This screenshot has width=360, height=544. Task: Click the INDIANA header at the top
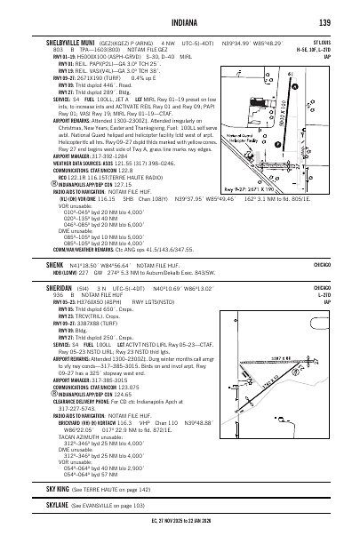click(x=180, y=21)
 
